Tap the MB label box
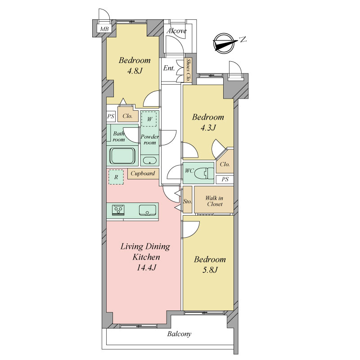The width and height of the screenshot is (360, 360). coord(104,29)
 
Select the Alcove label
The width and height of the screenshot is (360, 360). coord(176,31)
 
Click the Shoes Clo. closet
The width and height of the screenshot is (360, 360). coord(188,70)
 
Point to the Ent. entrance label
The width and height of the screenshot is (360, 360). coord(169,68)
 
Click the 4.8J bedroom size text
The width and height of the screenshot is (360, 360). coord(135,71)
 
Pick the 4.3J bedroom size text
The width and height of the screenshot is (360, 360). coord(208,127)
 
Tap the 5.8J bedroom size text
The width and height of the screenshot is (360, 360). coord(210,270)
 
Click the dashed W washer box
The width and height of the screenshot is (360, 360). coord(149,119)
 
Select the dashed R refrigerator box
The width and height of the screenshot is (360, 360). coord(116,177)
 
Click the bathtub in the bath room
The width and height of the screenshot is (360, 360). coord(122,156)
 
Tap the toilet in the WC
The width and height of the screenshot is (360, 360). coord(204,173)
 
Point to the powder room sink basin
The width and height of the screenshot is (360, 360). coord(149,160)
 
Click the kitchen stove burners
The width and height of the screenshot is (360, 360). coord(118,210)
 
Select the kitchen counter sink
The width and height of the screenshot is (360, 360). coord(148,210)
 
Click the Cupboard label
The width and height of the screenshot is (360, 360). coord(143,173)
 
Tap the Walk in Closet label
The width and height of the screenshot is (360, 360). coord(214,201)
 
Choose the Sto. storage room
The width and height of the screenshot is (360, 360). coord(188,199)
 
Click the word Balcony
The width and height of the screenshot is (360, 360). coord(179,334)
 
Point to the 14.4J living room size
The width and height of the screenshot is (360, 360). coord(147,267)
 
